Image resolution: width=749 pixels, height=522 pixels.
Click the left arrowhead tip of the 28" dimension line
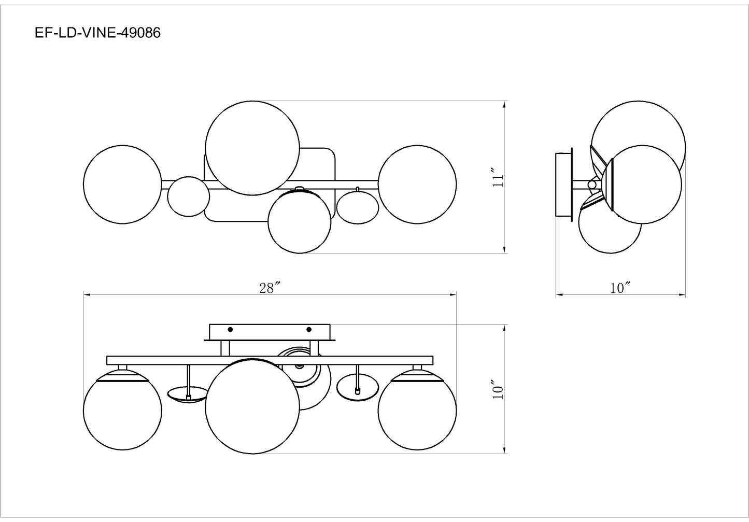[83, 294]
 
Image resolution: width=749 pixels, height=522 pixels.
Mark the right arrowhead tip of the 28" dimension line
[456, 294]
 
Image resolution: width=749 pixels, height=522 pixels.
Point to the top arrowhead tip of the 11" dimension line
[504, 101]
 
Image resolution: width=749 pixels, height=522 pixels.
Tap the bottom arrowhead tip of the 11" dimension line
[504, 253]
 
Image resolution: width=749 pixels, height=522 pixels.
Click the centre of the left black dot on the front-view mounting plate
[230, 329]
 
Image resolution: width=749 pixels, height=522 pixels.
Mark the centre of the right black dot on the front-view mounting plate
[309, 329]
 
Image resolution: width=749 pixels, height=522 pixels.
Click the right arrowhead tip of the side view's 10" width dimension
[685, 294]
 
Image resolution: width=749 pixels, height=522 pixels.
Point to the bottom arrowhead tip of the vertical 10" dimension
[504, 454]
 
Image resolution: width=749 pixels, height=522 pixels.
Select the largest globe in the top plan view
[252, 148]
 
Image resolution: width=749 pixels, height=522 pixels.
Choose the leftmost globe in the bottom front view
[122, 411]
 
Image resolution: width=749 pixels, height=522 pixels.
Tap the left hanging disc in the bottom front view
[188, 394]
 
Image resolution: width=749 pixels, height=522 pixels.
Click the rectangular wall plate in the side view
[564, 185]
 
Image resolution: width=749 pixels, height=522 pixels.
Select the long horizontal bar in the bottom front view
[270, 360]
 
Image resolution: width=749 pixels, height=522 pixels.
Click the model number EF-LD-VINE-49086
[97, 33]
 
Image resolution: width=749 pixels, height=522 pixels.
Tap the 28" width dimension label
[269, 288]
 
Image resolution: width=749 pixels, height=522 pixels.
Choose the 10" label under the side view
[620, 288]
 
